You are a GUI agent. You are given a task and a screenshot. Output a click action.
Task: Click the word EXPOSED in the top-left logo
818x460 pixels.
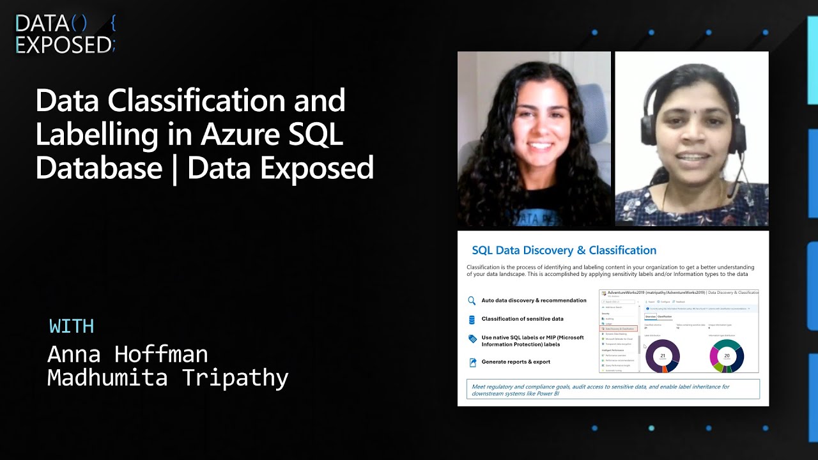(x=63, y=45)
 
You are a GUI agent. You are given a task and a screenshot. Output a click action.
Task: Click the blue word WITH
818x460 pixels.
(x=72, y=326)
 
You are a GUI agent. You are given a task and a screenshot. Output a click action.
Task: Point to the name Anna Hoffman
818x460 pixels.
(x=128, y=354)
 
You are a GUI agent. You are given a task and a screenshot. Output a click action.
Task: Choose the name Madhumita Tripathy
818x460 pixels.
(x=168, y=378)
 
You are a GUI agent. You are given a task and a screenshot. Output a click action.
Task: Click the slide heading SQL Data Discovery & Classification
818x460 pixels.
(x=564, y=250)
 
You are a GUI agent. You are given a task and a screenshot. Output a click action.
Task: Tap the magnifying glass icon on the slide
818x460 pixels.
(x=472, y=300)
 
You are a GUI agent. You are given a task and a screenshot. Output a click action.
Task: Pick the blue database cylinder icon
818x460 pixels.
(x=472, y=319)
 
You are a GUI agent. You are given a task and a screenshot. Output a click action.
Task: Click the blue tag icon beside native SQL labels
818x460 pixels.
(x=472, y=339)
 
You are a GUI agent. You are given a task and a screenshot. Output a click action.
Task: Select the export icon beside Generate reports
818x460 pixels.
(x=472, y=362)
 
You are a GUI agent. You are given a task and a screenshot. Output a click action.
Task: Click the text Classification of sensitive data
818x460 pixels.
(x=522, y=319)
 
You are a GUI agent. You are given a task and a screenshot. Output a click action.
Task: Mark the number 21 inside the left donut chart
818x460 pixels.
(x=663, y=356)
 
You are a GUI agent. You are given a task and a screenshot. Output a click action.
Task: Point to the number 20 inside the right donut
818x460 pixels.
(x=727, y=356)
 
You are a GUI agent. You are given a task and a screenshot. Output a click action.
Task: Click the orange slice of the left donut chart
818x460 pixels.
(x=665, y=368)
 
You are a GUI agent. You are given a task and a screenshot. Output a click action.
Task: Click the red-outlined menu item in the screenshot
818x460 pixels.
(x=619, y=328)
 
